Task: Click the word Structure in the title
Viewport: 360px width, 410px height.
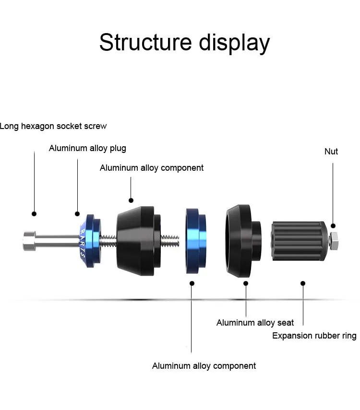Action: (145, 42)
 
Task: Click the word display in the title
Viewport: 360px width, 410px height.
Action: (234, 44)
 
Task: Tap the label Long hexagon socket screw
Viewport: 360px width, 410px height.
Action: (53, 126)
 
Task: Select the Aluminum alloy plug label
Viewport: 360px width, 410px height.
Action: (87, 148)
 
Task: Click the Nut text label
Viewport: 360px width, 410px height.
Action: (331, 152)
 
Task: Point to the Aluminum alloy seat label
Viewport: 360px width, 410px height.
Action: (255, 323)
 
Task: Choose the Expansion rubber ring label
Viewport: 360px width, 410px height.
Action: (314, 336)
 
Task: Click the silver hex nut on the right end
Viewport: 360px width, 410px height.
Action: (333, 241)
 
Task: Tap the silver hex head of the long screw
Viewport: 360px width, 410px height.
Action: (30, 241)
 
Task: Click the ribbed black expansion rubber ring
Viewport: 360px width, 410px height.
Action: (299, 241)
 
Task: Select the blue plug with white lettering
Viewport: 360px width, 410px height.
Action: (90, 241)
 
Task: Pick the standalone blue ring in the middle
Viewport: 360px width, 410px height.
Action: (196, 241)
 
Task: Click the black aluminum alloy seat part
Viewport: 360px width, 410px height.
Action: (243, 241)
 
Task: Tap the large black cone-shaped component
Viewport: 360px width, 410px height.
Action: (139, 241)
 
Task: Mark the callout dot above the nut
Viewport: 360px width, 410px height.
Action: (333, 226)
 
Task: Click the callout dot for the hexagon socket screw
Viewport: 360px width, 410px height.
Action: (34, 214)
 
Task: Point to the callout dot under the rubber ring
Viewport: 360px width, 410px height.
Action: (303, 283)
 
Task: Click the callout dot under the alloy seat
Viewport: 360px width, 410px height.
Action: (246, 283)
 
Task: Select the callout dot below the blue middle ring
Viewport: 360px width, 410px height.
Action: (192, 283)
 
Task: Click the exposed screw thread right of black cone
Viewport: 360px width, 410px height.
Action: (170, 241)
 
